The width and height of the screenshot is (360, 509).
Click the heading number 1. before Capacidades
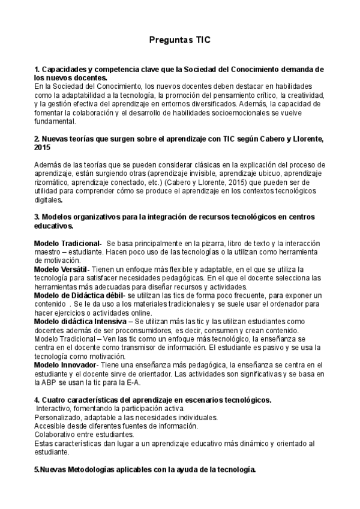click(37, 69)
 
